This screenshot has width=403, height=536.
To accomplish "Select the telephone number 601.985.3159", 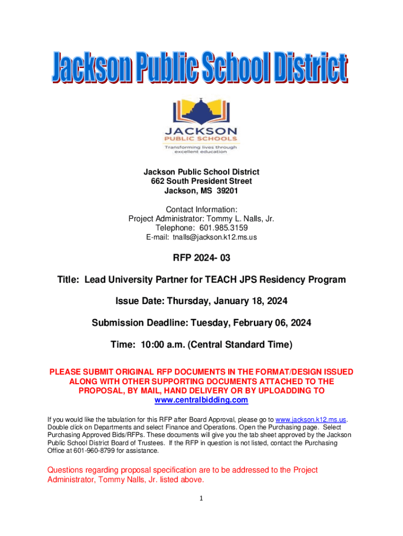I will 219,228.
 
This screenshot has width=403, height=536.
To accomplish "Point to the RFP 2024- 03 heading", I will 201,258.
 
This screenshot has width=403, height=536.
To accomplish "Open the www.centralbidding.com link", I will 201,400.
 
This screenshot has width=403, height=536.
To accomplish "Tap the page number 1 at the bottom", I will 200,498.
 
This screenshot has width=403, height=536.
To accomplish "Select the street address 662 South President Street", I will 201,182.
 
